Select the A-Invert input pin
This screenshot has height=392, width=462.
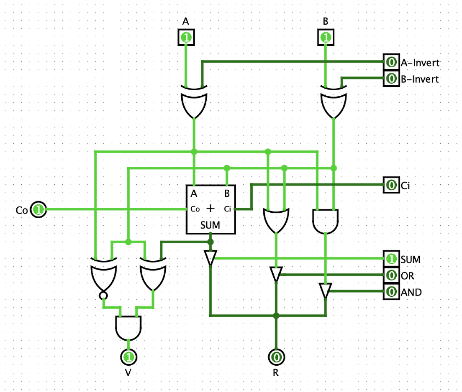coord(390,62)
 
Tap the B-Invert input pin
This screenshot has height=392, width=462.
coord(390,78)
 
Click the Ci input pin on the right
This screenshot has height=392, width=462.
coord(390,184)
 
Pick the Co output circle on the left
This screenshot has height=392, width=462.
coord(38,209)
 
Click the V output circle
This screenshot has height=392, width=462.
coord(129,357)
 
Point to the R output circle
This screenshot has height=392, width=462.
coord(276,357)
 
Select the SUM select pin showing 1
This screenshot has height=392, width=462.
coord(390,259)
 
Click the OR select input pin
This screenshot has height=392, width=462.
coord(390,275)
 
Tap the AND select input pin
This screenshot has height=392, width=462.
coord(390,292)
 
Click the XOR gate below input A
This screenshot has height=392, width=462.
coord(194,102)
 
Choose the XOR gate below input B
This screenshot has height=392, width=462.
coord(334,102)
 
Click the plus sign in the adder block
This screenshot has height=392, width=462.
coord(210,208)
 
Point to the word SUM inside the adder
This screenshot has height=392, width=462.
coord(210,225)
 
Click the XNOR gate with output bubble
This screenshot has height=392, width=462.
coord(103,275)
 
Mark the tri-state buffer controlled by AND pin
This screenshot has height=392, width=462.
coord(325,290)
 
